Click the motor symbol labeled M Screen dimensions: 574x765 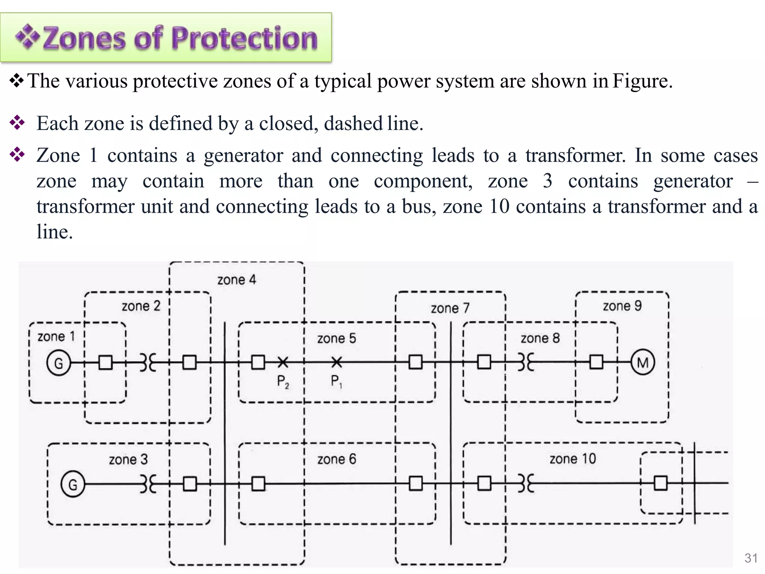(642, 362)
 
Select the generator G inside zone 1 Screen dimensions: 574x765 (59, 363)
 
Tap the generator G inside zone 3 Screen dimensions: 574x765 (72, 484)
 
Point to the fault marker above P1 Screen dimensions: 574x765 (337, 362)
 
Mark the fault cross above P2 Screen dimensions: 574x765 (283, 362)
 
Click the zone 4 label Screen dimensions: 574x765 (237, 280)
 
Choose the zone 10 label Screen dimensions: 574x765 (573, 459)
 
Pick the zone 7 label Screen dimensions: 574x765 (450, 308)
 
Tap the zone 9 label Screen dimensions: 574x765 (622, 306)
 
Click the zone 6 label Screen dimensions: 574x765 (337, 459)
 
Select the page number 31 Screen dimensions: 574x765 (751, 558)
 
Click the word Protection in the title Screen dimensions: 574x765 (244, 38)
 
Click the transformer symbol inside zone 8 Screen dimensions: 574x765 (526, 362)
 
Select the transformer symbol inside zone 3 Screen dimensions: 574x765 (148, 484)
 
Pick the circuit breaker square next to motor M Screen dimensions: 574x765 (596, 362)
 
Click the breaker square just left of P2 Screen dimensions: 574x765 (258, 362)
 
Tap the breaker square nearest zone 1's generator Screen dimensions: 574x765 (105, 362)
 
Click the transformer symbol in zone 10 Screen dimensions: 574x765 (526, 484)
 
